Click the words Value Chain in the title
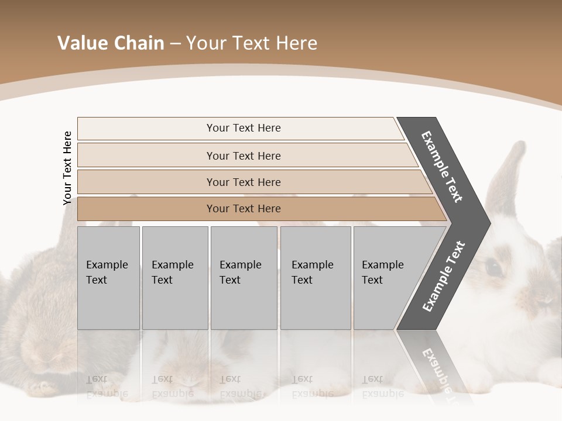(110, 43)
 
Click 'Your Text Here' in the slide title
(252, 43)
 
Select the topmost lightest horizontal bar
(243, 128)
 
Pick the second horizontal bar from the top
(243, 156)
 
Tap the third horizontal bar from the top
(243, 182)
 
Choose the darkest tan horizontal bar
(243, 209)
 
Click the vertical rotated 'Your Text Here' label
(67, 168)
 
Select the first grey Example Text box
(108, 277)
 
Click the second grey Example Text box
(174, 277)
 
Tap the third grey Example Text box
(243, 277)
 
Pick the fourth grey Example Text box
(315, 277)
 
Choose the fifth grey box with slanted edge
(386, 277)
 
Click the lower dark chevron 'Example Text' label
(444, 277)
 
